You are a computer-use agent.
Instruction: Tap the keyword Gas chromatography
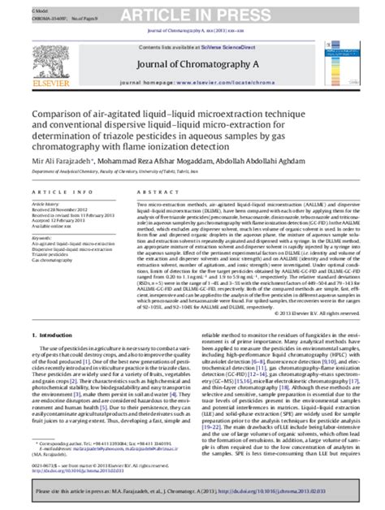click(51, 261)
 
